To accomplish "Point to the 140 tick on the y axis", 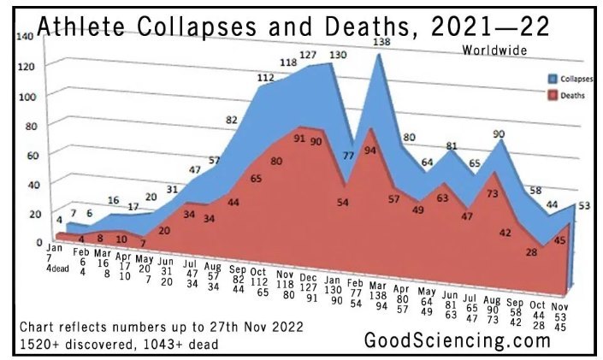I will pyautogui.click(x=24, y=37).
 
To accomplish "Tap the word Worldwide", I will pyautogui.click(x=494, y=49).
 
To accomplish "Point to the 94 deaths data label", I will pyautogui.click(x=370, y=150).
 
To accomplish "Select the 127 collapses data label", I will pyautogui.click(x=309, y=56).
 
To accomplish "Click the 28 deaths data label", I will pyautogui.click(x=531, y=251).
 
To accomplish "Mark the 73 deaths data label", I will pyautogui.click(x=492, y=194).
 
